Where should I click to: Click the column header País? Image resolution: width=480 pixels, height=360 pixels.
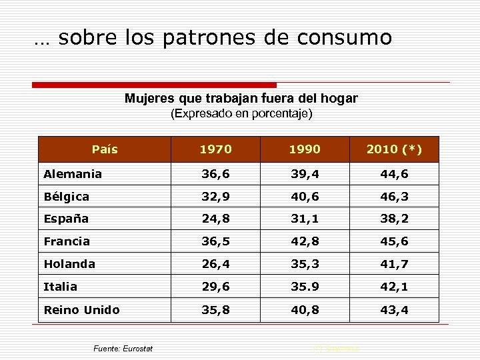[104, 149]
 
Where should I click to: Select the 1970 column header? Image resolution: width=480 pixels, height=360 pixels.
[216, 149]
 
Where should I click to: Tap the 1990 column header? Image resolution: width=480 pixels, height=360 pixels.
[305, 149]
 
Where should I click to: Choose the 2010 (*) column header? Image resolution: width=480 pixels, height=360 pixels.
[394, 149]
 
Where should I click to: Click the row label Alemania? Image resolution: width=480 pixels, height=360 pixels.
[73, 174]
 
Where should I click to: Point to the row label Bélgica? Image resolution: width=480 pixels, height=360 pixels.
[67, 197]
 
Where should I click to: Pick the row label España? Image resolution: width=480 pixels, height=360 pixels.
[66, 219]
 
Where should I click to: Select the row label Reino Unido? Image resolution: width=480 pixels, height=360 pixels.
[81, 309]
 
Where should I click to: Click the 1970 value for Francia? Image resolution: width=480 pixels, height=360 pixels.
[216, 241]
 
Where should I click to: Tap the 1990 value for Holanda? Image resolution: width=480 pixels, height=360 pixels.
[305, 264]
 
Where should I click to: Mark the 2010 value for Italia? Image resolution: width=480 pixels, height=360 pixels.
[394, 287]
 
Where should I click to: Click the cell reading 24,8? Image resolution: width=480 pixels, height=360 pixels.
[216, 219]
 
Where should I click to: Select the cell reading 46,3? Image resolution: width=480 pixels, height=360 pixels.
[394, 197]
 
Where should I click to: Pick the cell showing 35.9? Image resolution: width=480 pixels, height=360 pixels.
[305, 287]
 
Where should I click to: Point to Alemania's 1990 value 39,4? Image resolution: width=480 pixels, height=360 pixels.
[305, 174]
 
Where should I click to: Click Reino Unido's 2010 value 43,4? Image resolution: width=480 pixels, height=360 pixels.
[394, 309]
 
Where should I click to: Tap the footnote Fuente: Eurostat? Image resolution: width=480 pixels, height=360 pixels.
[123, 349]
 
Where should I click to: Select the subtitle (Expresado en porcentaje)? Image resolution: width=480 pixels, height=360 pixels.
[241, 113]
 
